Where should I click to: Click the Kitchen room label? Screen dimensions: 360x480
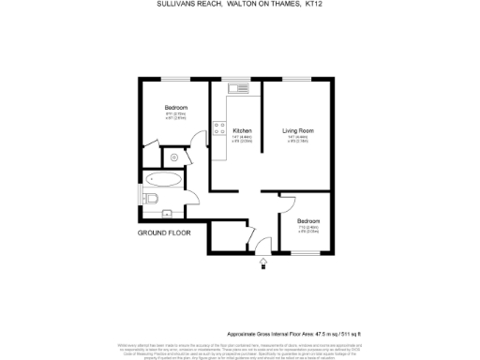242,130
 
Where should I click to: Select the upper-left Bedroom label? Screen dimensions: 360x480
176,108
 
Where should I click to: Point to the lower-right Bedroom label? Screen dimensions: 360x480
308,221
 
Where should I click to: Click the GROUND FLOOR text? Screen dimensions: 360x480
164,232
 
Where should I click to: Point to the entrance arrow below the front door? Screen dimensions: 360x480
262,265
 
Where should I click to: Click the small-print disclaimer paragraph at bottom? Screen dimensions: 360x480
240,348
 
